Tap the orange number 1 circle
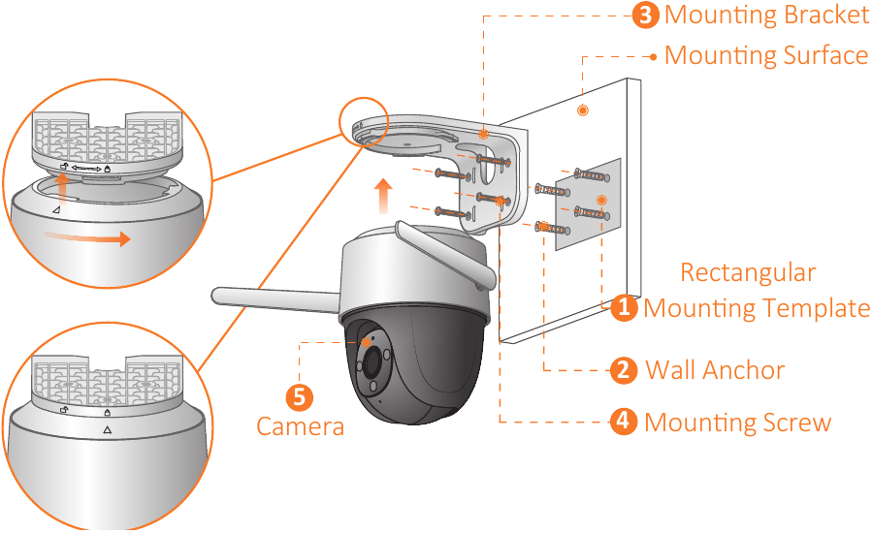pyautogui.click(x=624, y=308)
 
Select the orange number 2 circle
pyautogui.click(x=624, y=369)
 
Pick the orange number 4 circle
pyautogui.click(x=624, y=422)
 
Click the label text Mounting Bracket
pyautogui.click(x=766, y=15)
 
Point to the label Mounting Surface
pyautogui.click(x=766, y=55)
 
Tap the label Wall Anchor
pyautogui.click(x=715, y=369)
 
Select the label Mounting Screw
pyautogui.click(x=738, y=422)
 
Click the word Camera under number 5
pyautogui.click(x=300, y=425)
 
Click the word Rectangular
pyautogui.click(x=748, y=272)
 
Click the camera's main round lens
pyautogui.click(x=372, y=362)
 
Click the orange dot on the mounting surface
pyautogui.click(x=582, y=110)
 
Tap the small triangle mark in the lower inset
pyautogui.click(x=107, y=428)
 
